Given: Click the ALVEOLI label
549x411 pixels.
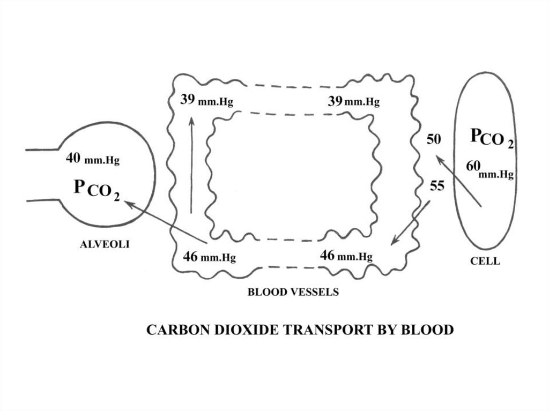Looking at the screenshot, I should tap(105, 244).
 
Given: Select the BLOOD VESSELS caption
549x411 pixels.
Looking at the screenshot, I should tap(293, 292).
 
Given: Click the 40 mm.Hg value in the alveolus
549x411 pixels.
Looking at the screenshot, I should tap(92, 159).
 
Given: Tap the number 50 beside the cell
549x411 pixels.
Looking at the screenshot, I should tap(434, 140).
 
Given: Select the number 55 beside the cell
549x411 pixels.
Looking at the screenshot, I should tap(437, 186).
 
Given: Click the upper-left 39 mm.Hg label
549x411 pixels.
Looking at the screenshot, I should tap(206, 100).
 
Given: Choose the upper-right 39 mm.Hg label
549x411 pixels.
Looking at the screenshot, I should tap(353, 101).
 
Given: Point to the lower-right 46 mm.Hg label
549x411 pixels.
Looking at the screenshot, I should tap(346, 256).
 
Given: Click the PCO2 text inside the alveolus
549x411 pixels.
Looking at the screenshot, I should tap(97, 189).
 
